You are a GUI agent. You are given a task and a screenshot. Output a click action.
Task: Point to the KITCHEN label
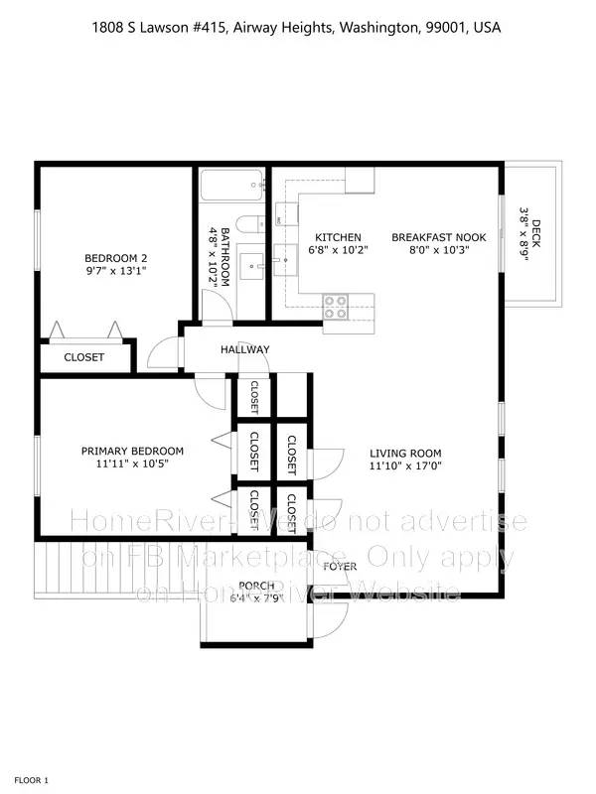pos(338,237)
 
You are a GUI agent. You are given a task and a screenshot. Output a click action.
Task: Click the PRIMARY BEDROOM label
pos(132,451)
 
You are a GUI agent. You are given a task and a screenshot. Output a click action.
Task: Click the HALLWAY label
pos(245,349)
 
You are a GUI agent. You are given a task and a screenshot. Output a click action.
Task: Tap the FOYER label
pos(339,566)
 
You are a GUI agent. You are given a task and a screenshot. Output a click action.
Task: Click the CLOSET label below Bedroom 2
pos(83,357)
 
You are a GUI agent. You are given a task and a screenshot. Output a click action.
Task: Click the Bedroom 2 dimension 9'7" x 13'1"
pos(115,269)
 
